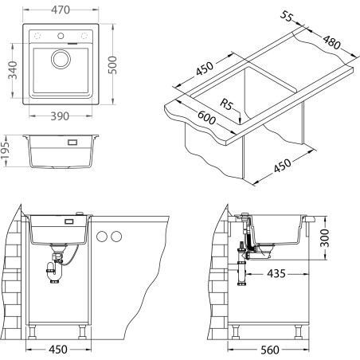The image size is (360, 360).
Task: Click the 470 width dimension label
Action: click(x=54, y=10)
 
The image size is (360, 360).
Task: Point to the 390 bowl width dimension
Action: click(x=54, y=116)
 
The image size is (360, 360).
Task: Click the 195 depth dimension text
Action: click(x=7, y=151)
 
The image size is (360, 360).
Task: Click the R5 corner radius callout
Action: click(x=228, y=104)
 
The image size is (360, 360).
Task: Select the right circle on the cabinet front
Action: click(x=117, y=237)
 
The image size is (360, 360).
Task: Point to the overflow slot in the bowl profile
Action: click(x=72, y=144)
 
